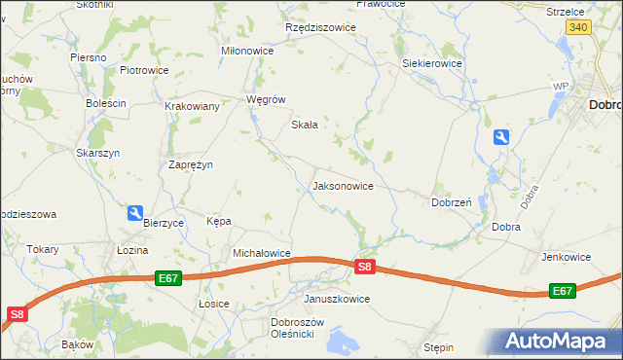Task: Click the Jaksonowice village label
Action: click(342, 185)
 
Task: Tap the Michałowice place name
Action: click(262, 253)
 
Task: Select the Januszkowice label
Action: click(337, 299)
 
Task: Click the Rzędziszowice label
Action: click(320, 27)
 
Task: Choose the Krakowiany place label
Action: click(192, 106)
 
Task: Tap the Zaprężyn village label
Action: click(191, 164)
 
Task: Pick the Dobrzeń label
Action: click(452, 202)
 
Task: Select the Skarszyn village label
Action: click(97, 153)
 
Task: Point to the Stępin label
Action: click(440, 345)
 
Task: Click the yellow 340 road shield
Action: click(579, 27)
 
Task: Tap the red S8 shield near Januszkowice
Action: click(364, 267)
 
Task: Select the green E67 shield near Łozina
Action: click(168, 278)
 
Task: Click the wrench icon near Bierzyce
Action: click(135, 212)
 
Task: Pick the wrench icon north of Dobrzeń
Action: click(500, 138)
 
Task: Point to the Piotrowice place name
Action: click(144, 70)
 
